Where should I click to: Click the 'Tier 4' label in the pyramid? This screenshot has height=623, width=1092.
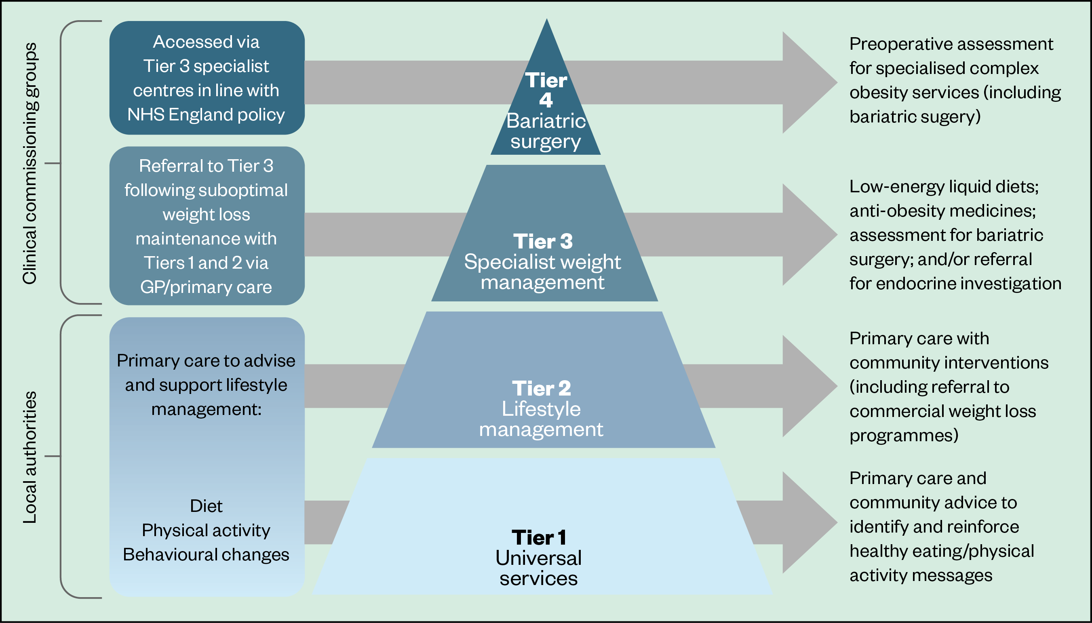tap(546, 90)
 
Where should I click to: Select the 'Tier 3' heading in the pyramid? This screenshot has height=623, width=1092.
tap(543, 241)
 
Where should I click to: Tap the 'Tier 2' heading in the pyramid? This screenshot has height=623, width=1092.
tap(541, 389)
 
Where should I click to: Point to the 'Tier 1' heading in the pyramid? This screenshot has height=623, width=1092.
tap(539, 537)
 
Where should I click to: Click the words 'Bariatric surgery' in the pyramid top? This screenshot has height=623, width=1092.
tap(546, 131)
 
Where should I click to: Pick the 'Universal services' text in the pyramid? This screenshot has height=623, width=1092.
tap(539, 568)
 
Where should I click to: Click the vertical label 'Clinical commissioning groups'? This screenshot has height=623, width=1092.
tap(30, 163)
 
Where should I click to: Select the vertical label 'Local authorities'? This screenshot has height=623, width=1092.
tap(30, 457)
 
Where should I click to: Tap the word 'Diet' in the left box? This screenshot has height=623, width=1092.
tap(206, 506)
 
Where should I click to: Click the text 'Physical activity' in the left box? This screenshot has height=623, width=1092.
tap(206, 530)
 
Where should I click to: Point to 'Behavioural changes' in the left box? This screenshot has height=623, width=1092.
tap(206, 555)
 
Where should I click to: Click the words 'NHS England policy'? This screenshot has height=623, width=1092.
tap(206, 115)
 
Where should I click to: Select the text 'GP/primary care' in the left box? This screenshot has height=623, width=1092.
tap(206, 287)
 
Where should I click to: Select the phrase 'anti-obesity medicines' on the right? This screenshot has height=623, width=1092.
tap(942, 211)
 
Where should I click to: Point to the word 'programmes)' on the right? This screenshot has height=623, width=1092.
tap(904, 436)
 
